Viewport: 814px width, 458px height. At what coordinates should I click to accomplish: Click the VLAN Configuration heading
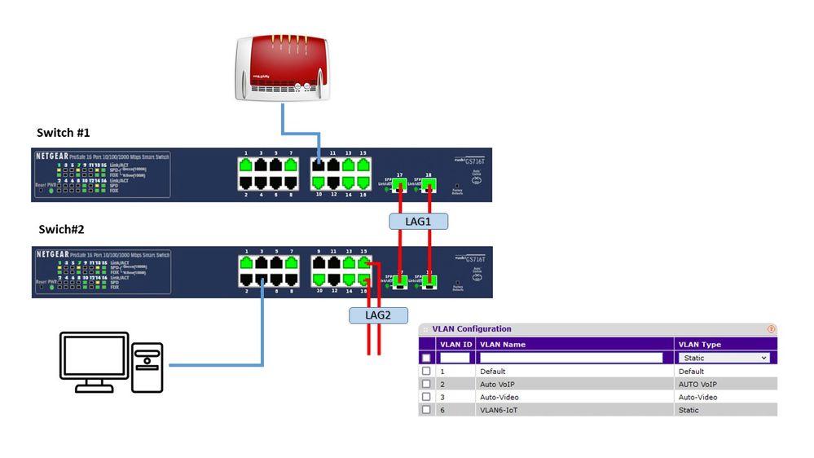coord(472,329)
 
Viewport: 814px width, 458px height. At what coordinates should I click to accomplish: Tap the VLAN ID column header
coord(455,344)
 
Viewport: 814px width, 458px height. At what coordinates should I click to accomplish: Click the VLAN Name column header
coord(503,344)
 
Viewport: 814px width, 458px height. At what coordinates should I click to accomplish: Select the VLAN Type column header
coord(700,344)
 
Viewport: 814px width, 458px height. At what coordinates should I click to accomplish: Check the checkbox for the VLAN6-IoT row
coord(426,410)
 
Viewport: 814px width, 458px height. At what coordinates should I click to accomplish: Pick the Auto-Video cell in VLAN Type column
coord(699,397)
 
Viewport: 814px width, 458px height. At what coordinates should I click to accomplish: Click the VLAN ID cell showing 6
coord(442,410)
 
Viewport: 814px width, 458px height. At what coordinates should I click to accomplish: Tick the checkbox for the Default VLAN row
coord(426,371)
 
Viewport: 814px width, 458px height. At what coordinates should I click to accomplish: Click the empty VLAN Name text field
coord(571,358)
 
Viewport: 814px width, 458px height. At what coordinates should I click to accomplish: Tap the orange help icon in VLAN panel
coord(771,329)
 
